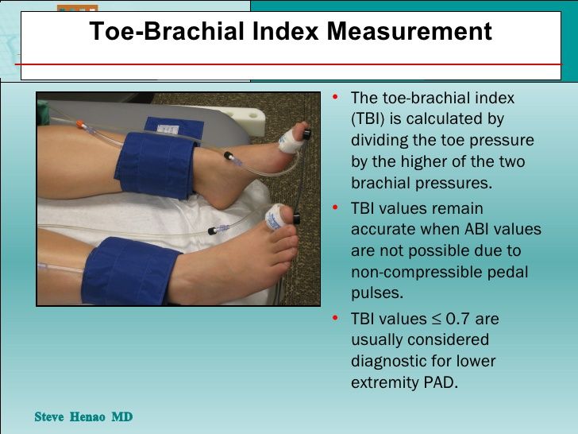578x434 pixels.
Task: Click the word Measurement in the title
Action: [409, 31]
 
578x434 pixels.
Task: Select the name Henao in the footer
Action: [87, 417]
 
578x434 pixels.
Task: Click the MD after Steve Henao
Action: [122, 417]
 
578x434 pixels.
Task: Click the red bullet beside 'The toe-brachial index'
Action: [335, 97]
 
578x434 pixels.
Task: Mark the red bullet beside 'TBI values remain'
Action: [335, 207]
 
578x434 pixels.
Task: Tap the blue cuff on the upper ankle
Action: [157, 165]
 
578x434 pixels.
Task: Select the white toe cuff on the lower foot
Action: [275, 217]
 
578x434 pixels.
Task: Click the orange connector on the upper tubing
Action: [79, 124]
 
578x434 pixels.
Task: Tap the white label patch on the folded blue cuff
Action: [168, 130]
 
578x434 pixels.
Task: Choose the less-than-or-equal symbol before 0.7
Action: [436, 320]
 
